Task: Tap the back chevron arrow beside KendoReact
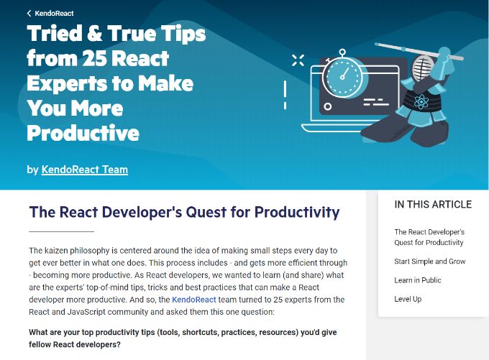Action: (x=29, y=14)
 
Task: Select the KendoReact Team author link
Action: (x=85, y=170)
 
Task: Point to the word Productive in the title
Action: (x=83, y=133)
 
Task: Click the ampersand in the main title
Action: (x=94, y=33)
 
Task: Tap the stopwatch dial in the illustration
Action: (x=342, y=75)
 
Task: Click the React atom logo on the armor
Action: (x=421, y=101)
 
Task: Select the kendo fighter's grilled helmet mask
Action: (x=424, y=69)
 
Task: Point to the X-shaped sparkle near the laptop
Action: (x=298, y=60)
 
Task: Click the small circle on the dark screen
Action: (x=327, y=106)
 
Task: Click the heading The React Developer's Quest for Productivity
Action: (x=184, y=212)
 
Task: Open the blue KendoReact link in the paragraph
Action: (x=194, y=300)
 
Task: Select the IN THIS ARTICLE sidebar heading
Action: (x=433, y=205)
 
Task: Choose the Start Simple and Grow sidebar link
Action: (x=430, y=262)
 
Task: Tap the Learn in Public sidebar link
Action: (x=418, y=280)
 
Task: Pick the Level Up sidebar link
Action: (x=408, y=299)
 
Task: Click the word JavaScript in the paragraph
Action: (x=86, y=312)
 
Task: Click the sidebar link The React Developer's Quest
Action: (x=429, y=237)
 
